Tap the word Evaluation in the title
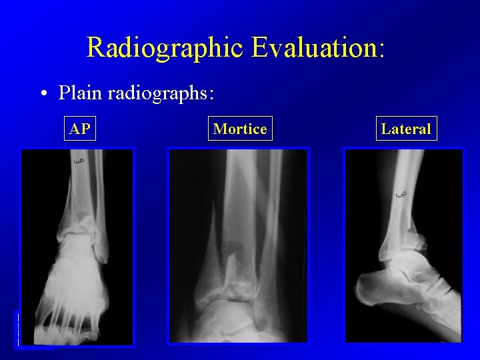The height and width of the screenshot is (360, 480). [x=313, y=48]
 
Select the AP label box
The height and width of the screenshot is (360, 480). [x=80, y=129]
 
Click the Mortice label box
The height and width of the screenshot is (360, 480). [x=240, y=129]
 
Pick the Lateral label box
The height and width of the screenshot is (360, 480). [x=406, y=129]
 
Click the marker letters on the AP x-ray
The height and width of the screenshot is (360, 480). [x=78, y=161]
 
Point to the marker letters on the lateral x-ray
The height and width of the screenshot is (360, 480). [x=401, y=195]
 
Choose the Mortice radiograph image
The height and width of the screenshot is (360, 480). [x=238, y=245]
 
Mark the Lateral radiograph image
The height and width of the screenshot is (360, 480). [x=403, y=245]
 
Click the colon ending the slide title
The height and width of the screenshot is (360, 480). [x=382, y=51]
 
